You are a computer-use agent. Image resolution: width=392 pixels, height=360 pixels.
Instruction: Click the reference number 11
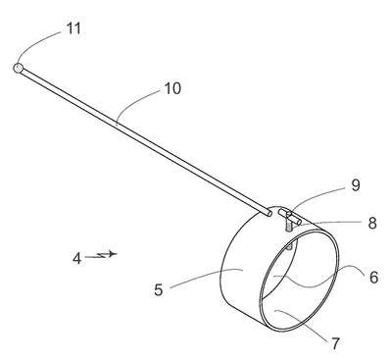(73, 28)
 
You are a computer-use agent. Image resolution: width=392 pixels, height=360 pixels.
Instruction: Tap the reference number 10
(172, 88)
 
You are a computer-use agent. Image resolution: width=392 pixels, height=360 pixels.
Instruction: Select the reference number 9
(356, 185)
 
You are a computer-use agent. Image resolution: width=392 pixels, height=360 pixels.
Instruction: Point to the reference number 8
(372, 224)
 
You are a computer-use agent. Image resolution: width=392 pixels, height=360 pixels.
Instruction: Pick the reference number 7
(335, 343)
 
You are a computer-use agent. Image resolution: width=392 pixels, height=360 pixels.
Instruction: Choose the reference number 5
(159, 290)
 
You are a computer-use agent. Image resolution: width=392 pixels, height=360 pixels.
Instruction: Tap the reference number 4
(76, 259)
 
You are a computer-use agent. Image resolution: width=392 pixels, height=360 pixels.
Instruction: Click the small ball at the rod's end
(18, 69)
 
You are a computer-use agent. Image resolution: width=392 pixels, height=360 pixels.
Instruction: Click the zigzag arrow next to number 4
(101, 254)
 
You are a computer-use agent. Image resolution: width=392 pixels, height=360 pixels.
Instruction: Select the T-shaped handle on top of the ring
(289, 217)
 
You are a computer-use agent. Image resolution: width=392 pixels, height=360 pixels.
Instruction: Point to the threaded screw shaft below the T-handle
(289, 226)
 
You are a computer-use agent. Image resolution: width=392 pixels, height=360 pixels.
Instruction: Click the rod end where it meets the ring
(269, 213)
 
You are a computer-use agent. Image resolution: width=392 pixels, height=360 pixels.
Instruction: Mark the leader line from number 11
(36, 42)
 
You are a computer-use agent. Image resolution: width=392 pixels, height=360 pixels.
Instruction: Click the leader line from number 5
(206, 277)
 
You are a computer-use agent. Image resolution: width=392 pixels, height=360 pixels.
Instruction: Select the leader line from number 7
(302, 324)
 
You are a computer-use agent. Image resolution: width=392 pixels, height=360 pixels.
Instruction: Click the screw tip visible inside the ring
(289, 248)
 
